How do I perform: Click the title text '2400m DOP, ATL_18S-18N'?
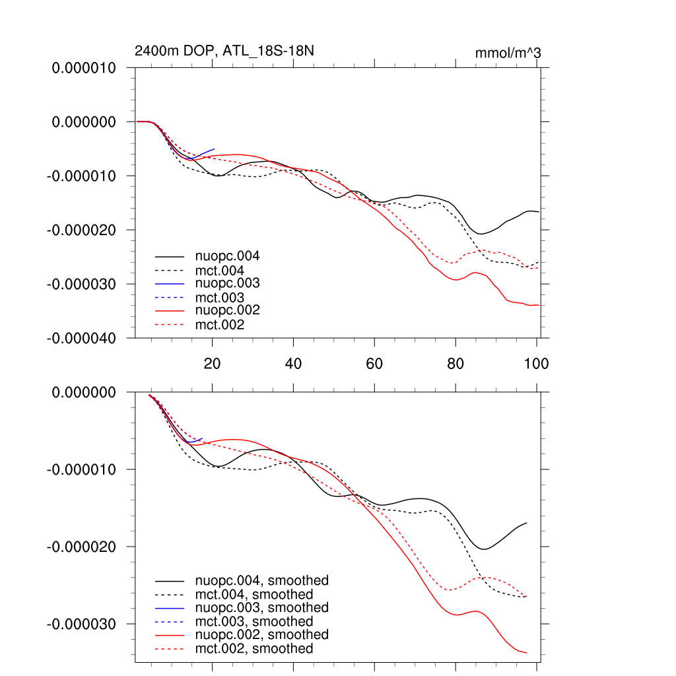pyautogui.click(x=219, y=51)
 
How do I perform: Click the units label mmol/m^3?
pyautogui.click(x=508, y=53)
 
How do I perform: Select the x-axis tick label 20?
pyautogui.click(x=212, y=363)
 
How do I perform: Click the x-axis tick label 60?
pyautogui.click(x=374, y=363)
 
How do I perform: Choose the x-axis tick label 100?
pyautogui.click(x=536, y=363)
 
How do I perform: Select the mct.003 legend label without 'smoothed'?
pyautogui.click(x=220, y=298)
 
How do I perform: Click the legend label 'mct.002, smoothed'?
pyautogui.click(x=254, y=649)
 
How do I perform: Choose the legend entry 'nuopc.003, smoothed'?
pyautogui.click(x=262, y=607)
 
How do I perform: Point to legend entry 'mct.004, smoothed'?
pyautogui.click(x=254, y=595)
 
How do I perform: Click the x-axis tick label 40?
pyautogui.click(x=293, y=363)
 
